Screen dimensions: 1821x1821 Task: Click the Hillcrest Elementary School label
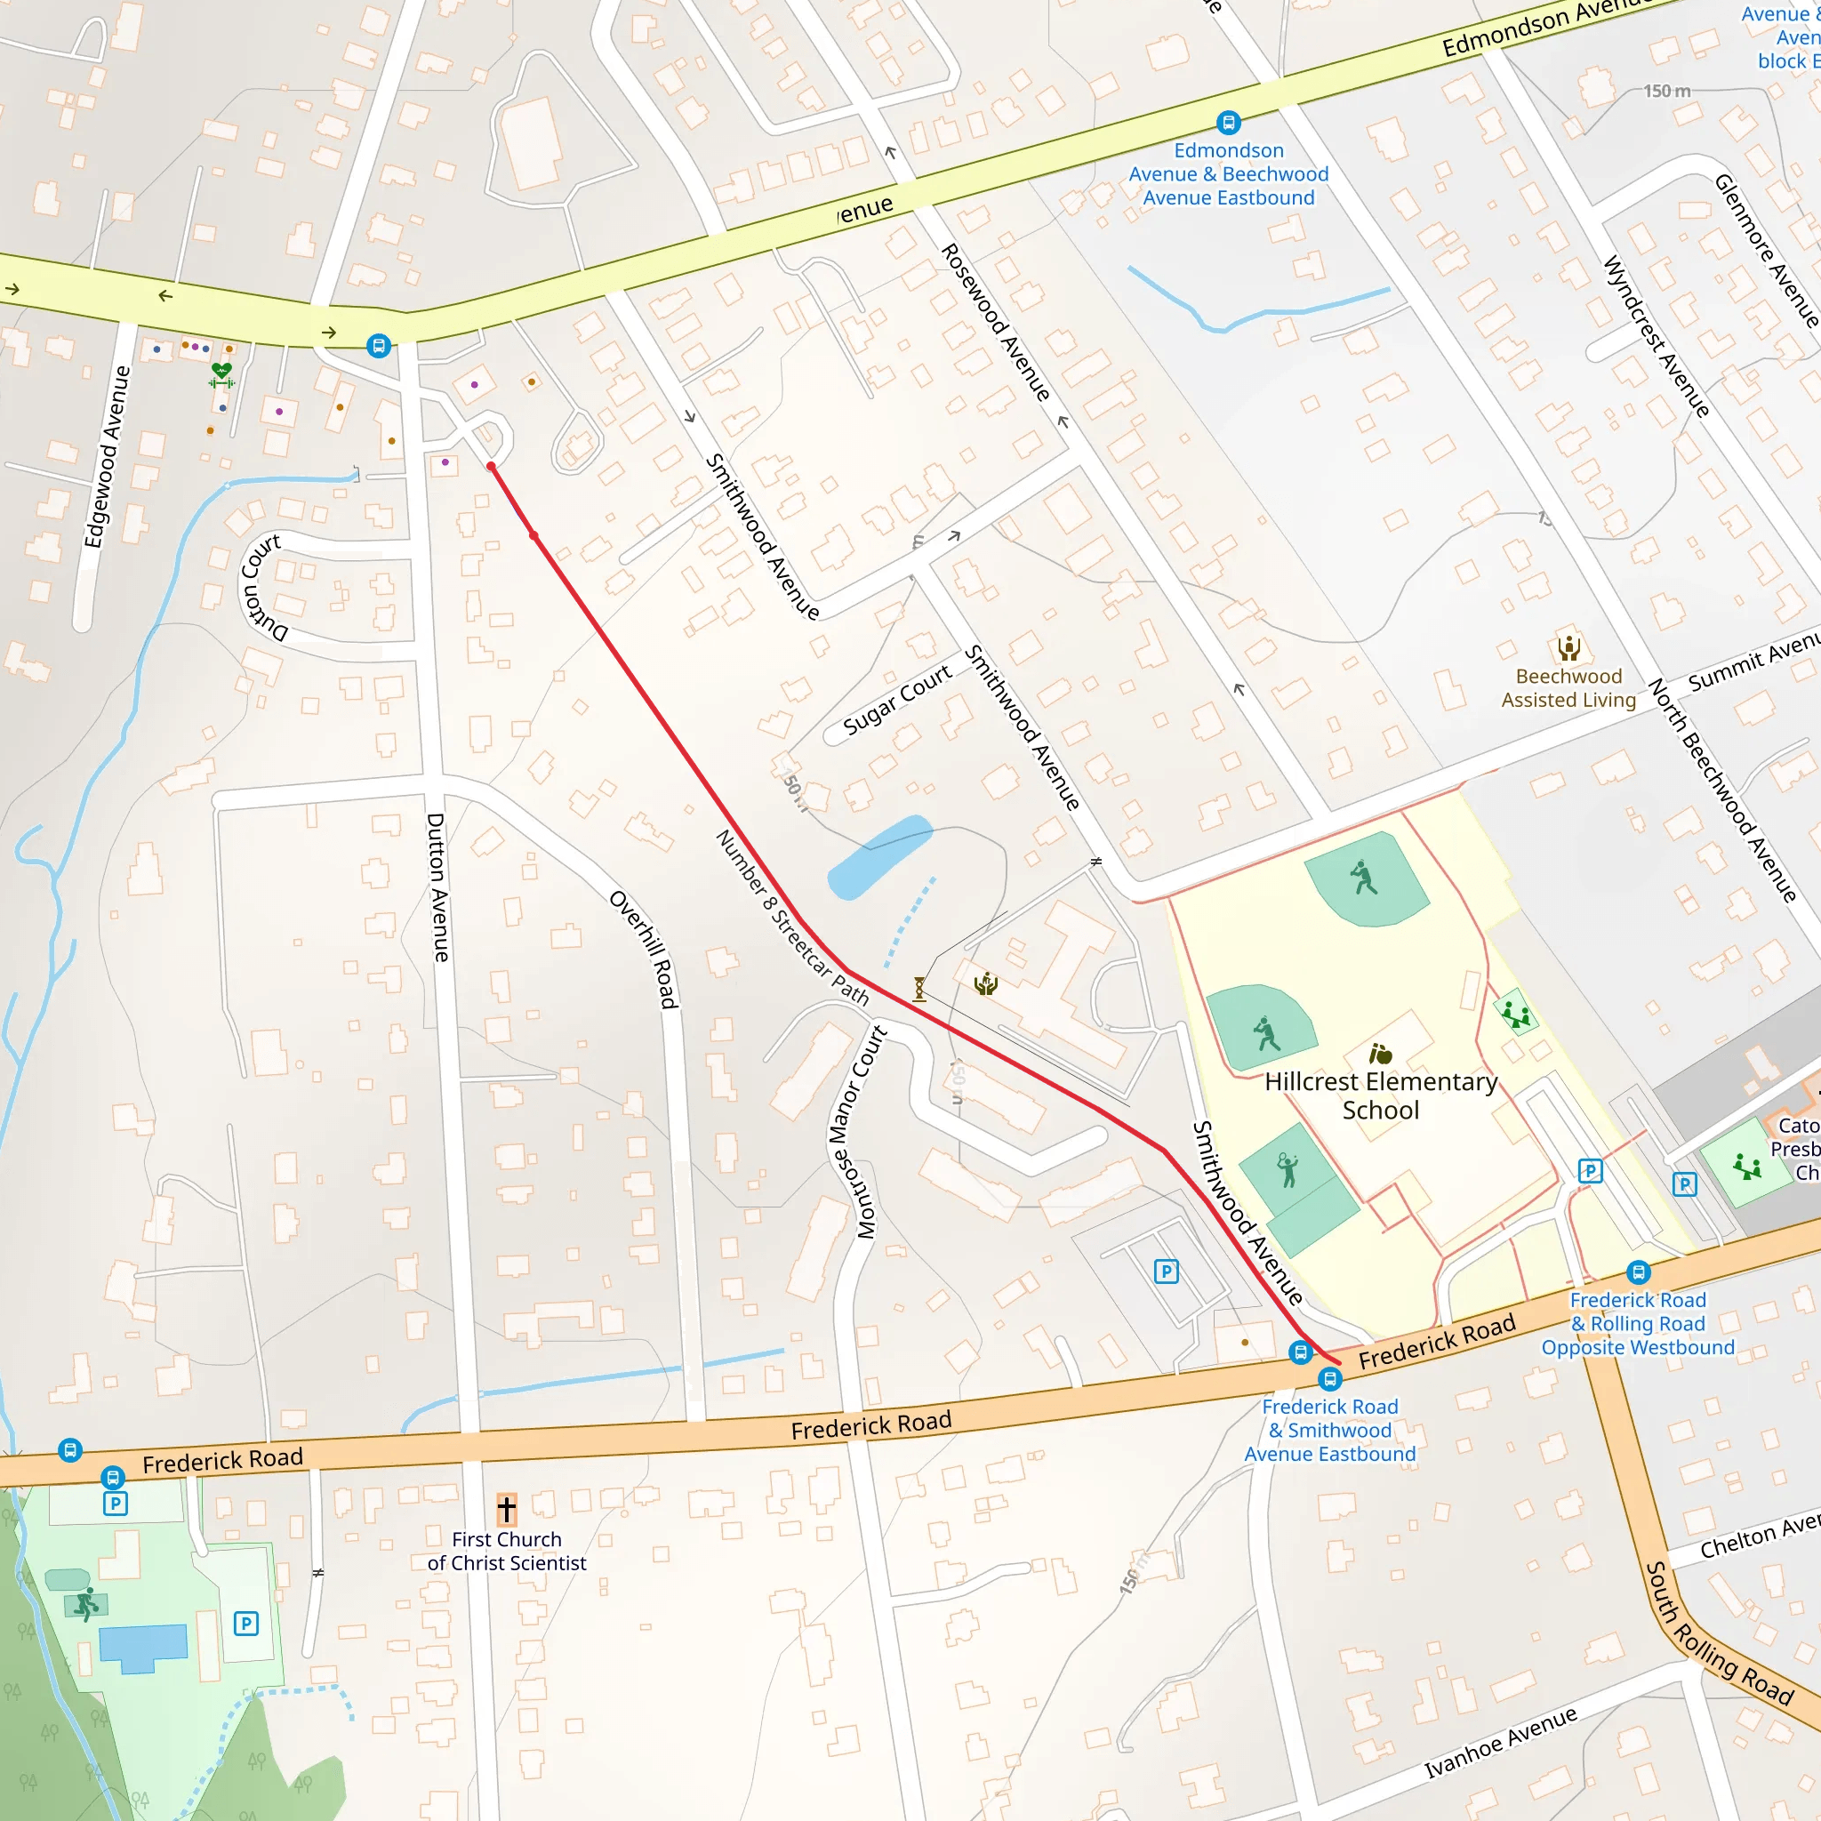point(1381,1095)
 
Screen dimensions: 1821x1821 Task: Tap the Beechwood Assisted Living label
point(1568,688)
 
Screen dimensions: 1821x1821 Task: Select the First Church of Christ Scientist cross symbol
point(506,1509)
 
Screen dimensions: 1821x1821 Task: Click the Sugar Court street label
point(897,700)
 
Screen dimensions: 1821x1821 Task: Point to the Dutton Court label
point(261,586)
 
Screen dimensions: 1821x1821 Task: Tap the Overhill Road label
point(645,948)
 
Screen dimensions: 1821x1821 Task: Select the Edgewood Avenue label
point(107,456)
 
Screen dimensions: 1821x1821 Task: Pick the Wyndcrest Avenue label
point(1656,335)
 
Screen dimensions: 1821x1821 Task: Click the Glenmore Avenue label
point(1767,250)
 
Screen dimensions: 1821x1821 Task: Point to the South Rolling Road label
point(1718,1633)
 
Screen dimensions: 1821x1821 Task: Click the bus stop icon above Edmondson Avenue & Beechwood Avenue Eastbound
point(1228,123)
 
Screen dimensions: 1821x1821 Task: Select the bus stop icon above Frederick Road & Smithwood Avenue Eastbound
point(1330,1379)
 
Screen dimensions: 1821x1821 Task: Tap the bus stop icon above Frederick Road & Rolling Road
point(1639,1272)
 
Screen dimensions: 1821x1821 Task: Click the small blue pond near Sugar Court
point(878,856)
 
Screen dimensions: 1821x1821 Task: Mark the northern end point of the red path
point(491,467)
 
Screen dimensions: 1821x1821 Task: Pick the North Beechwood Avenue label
point(1721,790)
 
